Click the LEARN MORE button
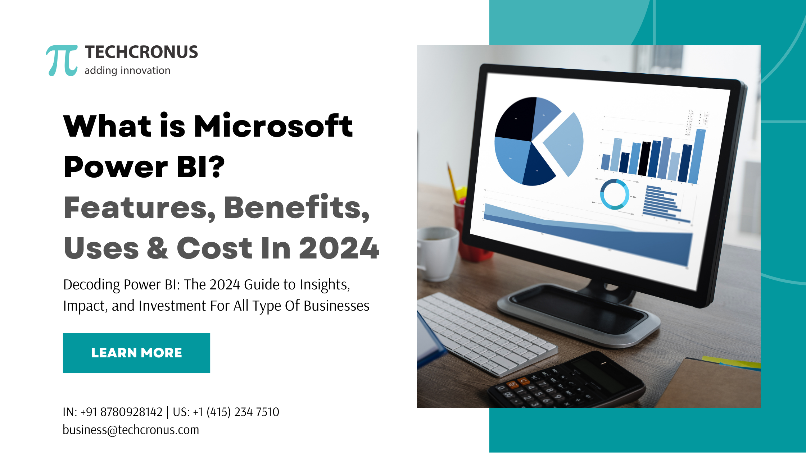pos(136,353)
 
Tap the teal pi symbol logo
pos(62,60)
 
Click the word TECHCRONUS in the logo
pos(141,52)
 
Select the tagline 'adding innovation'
pos(127,70)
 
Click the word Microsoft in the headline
pos(273,126)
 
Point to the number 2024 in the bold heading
pos(339,248)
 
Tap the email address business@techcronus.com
pos(131,430)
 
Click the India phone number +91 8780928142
pos(122,412)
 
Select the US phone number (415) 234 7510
pos(243,412)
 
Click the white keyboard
pos(486,334)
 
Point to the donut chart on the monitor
pos(615,194)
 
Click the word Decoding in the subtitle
pos(92,285)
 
